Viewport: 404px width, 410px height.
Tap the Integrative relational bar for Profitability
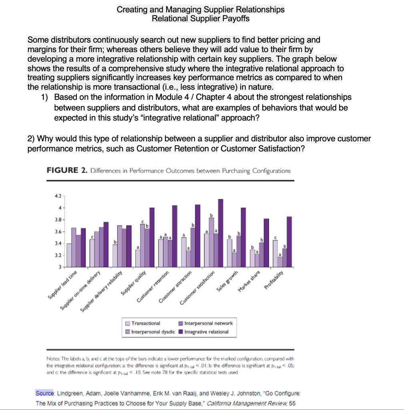tap(289, 242)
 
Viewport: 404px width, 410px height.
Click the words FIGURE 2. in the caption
tap(67, 171)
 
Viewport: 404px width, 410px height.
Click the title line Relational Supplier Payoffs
tap(201, 18)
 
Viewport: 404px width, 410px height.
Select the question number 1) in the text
tap(45, 97)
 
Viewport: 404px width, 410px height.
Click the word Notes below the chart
tap(53, 358)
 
